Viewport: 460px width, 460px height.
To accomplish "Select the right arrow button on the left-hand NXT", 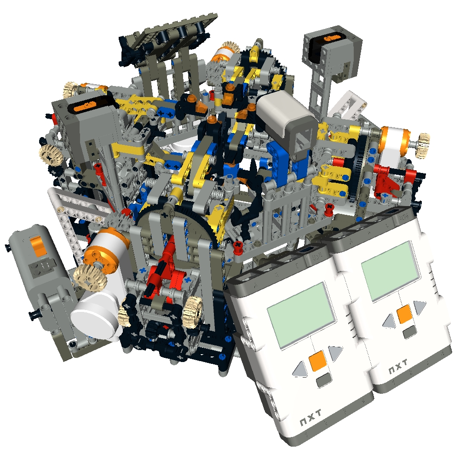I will (335, 353).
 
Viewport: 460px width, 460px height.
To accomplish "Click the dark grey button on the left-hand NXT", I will (324, 379).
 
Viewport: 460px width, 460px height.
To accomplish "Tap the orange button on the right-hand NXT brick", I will (404, 314).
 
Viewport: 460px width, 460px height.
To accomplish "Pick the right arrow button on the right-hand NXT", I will (420, 307).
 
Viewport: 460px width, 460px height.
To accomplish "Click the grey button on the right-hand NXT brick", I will (409, 332).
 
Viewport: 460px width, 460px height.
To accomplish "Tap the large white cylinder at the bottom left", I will (98, 317).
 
